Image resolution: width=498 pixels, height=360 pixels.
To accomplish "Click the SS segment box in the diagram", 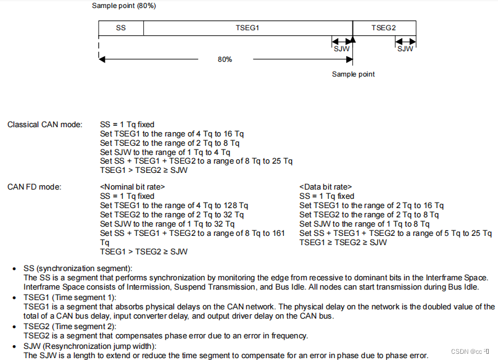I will (120, 28).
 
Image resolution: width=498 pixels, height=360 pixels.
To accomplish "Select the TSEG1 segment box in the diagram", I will (247, 28).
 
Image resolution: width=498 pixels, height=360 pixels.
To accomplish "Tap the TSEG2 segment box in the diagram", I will (383, 28).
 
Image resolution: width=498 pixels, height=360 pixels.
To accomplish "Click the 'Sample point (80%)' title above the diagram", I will (124, 6).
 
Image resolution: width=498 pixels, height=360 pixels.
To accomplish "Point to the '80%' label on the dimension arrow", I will (225, 59).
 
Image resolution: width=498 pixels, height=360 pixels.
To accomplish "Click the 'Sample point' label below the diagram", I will (353, 74).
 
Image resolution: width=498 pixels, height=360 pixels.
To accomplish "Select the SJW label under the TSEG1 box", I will (341, 49).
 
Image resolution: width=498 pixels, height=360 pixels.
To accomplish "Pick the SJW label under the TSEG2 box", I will (405, 49).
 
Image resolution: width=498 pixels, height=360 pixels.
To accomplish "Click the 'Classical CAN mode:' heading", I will (44, 125).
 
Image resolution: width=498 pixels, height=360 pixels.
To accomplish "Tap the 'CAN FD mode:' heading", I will (35, 186).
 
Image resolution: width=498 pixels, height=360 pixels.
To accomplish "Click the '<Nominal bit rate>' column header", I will (133, 186).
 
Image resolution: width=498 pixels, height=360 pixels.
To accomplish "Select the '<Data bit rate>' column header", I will (325, 186).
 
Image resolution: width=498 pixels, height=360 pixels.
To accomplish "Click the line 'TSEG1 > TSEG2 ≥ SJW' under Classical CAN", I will (144, 170).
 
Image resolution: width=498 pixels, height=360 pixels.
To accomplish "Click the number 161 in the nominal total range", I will (278, 233).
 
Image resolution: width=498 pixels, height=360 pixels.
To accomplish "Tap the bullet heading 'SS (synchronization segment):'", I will (78, 269).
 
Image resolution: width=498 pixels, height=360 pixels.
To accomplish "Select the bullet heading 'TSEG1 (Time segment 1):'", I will (68, 298).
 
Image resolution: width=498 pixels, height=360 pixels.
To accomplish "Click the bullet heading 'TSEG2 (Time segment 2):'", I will (68, 326).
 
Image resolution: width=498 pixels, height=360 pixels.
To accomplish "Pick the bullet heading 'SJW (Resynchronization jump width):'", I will (90, 346).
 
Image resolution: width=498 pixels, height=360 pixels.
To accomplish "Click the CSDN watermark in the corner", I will (470, 351).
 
